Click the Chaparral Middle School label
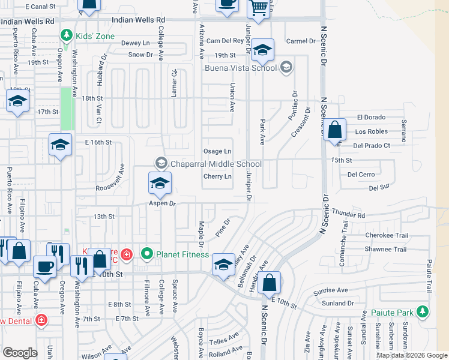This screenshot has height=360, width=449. pyautogui.click(x=216, y=164)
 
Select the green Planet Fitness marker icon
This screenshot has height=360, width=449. pyautogui.click(x=147, y=254)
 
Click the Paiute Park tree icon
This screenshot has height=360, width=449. pyautogui.click(x=424, y=311)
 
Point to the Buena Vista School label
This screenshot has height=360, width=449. pyautogui.click(x=249, y=68)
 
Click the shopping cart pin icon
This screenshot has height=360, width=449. pyautogui.click(x=258, y=9)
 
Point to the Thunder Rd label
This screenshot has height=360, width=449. pyautogui.click(x=348, y=214)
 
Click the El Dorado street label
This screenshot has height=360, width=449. pyautogui.click(x=372, y=117)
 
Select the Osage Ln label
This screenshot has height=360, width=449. pyautogui.click(x=217, y=151)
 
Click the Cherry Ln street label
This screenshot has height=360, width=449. pyautogui.click(x=217, y=176)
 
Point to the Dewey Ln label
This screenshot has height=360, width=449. pyautogui.click(x=135, y=43)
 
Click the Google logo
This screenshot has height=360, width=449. pyautogui.click(x=20, y=353)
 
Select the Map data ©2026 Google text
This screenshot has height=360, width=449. pyautogui.click(x=412, y=355)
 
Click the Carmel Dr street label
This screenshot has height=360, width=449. pyautogui.click(x=301, y=41)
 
